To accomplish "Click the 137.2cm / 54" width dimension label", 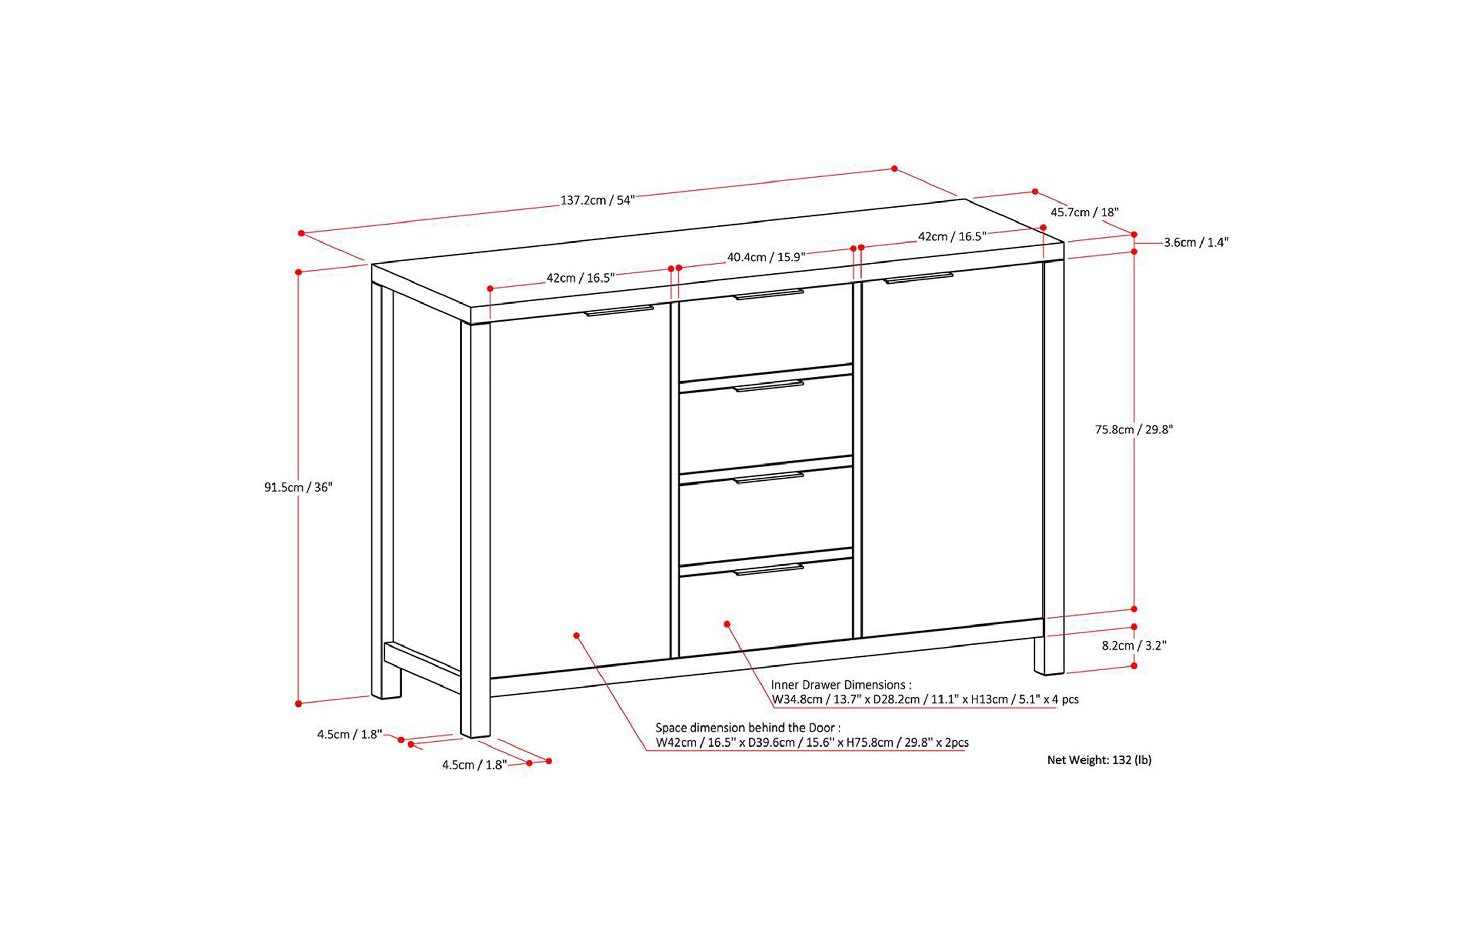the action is click(597, 200).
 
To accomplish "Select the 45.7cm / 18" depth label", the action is click(1085, 212).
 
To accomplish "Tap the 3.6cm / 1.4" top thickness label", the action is click(1196, 243).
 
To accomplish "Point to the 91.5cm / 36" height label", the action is click(298, 487).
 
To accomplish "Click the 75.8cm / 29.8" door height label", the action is click(1134, 430).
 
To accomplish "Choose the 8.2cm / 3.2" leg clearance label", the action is click(1134, 645).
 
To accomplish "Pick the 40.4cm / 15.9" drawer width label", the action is click(766, 257).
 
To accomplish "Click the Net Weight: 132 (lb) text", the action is click(1099, 760).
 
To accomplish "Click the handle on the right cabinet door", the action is click(918, 278).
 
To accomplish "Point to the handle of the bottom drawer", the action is click(769, 570).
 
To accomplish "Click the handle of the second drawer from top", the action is click(769, 386).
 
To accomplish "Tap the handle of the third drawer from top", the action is click(769, 477).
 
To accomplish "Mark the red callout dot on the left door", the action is click(576, 635).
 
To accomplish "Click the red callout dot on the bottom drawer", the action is click(727, 623).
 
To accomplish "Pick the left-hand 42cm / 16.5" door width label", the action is click(580, 278).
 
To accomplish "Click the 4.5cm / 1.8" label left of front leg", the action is click(349, 735).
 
